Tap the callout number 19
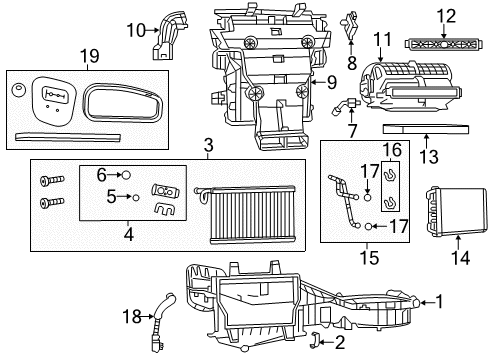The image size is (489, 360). point(89,58)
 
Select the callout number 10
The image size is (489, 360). point(136,31)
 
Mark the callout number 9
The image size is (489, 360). point(332,83)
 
